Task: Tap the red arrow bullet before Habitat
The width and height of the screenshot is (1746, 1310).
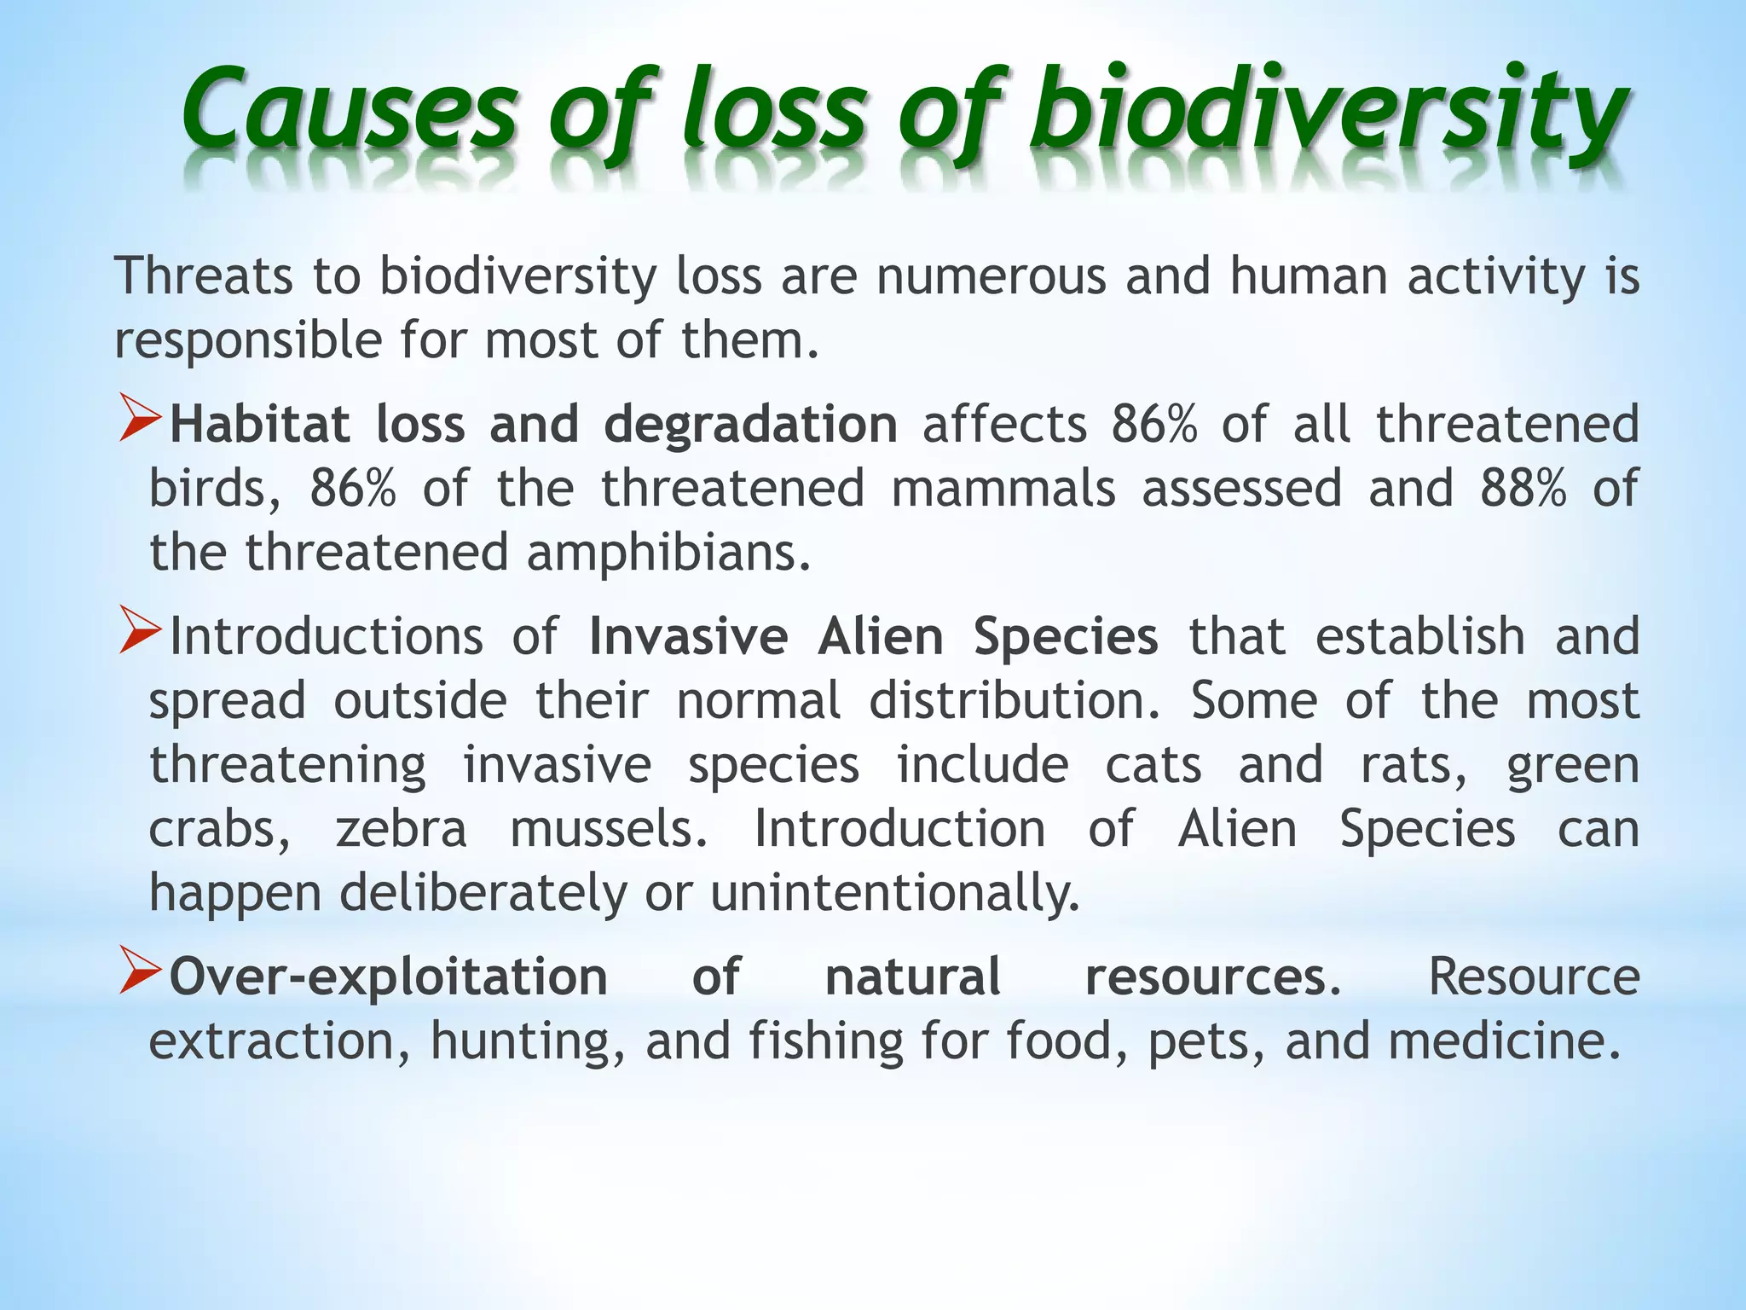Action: [x=139, y=418]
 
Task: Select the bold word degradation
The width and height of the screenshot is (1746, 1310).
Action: [x=750, y=425]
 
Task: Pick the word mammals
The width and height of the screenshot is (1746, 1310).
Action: [x=1003, y=489]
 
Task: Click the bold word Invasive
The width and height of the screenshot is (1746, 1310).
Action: [x=688, y=637]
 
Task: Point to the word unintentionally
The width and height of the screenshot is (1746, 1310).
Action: [x=894, y=894]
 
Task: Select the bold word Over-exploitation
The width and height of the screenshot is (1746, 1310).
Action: [x=388, y=977]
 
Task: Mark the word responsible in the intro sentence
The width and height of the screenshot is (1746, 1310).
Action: [x=248, y=341]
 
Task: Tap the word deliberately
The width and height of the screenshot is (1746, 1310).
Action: [x=483, y=894]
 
